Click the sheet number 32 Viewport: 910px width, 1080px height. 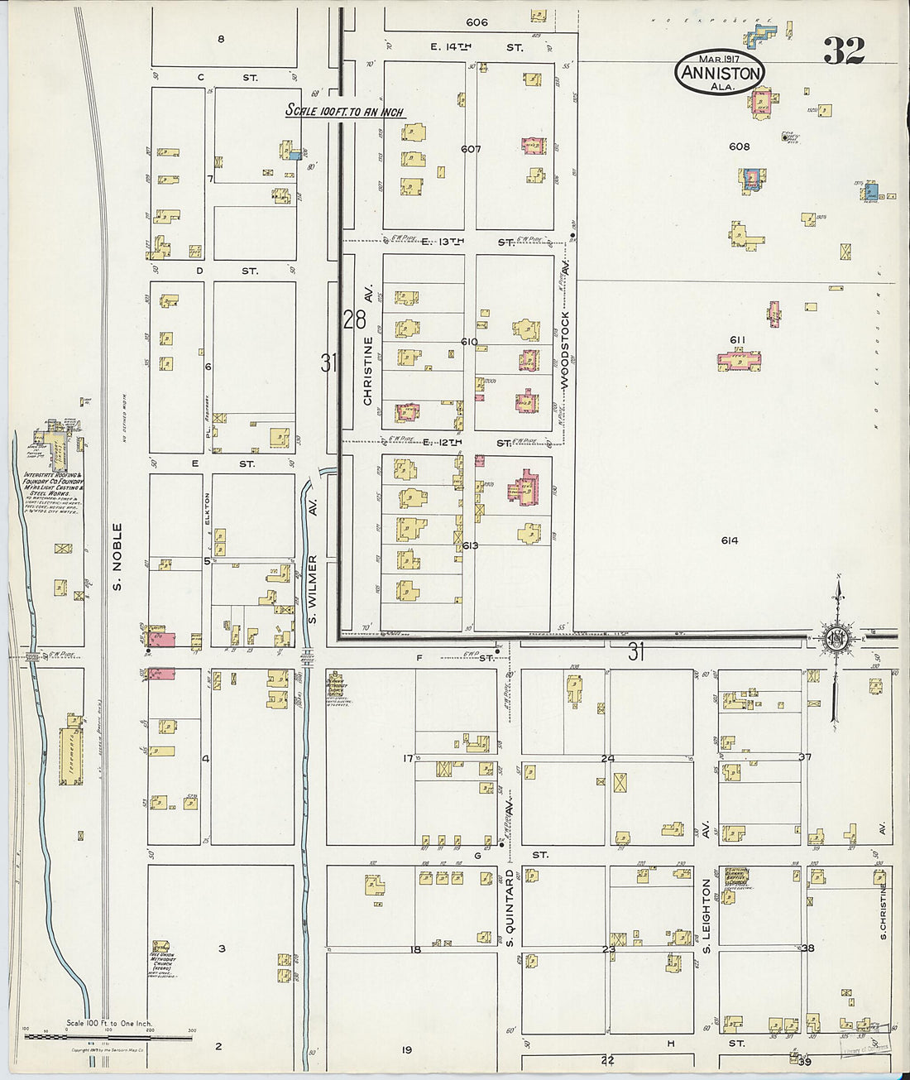[844, 51]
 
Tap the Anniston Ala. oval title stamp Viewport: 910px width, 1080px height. [719, 72]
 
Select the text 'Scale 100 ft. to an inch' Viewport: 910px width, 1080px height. [344, 111]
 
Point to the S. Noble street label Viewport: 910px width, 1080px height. [117, 556]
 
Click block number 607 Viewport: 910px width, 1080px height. [471, 149]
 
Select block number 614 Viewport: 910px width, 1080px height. [729, 540]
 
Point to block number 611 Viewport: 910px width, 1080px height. [738, 340]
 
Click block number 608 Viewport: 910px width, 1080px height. [739, 146]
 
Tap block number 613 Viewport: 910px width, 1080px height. [471, 545]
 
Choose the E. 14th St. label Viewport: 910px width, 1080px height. [476, 48]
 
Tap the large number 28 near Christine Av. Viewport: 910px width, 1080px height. [354, 319]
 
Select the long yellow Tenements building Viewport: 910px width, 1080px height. [71, 756]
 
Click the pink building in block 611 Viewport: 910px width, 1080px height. [739, 361]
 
